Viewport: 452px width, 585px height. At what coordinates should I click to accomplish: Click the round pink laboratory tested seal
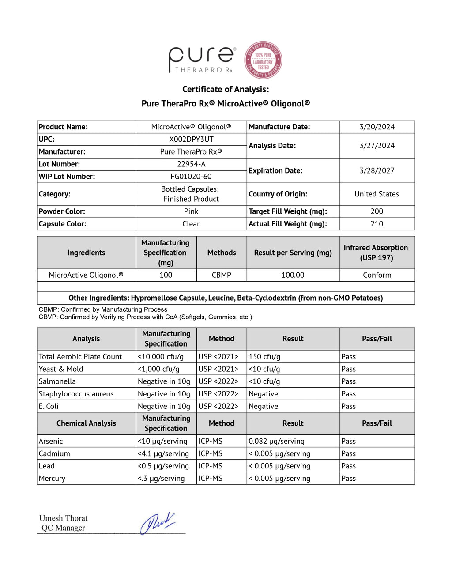[263, 60]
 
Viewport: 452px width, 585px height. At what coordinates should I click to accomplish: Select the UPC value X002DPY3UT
[191, 139]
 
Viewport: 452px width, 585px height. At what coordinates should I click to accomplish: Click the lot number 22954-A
[191, 164]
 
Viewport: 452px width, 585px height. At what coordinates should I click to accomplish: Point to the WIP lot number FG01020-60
[191, 176]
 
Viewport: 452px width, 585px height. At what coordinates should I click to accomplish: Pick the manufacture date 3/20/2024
[377, 127]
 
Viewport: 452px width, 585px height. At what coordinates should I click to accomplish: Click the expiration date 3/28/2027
[377, 170]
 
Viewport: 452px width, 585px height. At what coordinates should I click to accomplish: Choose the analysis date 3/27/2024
[377, 146]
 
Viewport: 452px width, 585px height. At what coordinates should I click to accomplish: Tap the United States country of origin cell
[377, 194]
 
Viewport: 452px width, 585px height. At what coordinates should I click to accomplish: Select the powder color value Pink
[191, 211]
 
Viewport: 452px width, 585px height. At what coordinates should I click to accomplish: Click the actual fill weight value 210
[377, 224]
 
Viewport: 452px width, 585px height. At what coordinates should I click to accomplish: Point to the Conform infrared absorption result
[377, 275]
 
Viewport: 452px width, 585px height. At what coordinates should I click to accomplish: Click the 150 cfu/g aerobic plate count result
[264, 356]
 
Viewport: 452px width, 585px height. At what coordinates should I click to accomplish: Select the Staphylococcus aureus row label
[76, 394]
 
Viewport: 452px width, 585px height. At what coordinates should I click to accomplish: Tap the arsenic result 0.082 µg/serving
[276, 441]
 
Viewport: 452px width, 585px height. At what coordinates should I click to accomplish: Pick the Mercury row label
[52, 478]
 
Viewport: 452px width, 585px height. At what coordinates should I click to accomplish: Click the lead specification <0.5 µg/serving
[163, 466]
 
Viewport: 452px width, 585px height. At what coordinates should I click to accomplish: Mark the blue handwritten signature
[157, 523]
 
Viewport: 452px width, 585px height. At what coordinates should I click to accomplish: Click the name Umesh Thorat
[63, 518]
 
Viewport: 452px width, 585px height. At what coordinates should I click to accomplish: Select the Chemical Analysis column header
[86, 423]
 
